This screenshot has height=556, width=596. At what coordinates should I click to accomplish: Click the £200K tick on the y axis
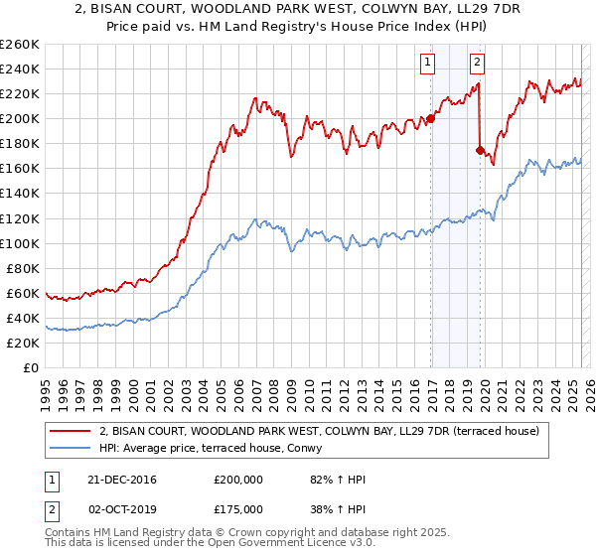[21, 118]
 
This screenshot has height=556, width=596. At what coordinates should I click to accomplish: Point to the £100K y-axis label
[21, 243]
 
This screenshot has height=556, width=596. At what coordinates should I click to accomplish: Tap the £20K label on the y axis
[24, 343]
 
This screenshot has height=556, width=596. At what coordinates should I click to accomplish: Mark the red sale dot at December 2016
[430, 119]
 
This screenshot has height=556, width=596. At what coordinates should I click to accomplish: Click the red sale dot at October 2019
[479, 150]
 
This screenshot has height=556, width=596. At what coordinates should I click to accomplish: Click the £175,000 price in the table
[236, 508]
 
